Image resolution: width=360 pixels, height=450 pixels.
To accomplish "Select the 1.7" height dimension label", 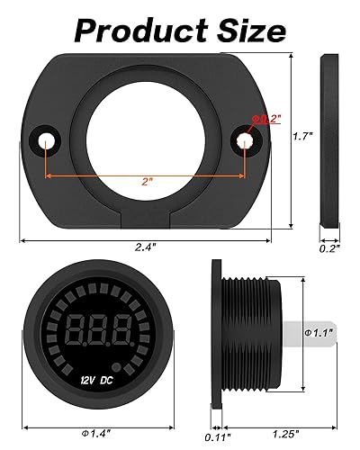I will (x=304, y=138).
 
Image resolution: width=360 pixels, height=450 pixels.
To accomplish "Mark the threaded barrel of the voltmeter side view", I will (x=252, y=335).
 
